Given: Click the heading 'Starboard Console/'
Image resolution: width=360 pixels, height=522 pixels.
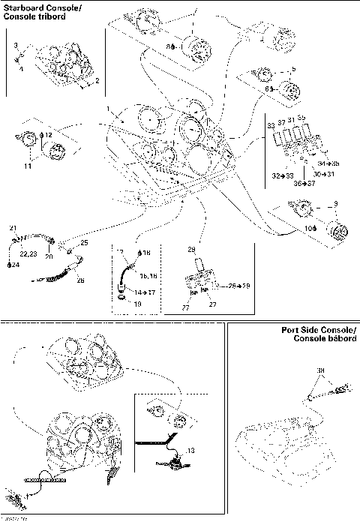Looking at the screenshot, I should click(34, 6).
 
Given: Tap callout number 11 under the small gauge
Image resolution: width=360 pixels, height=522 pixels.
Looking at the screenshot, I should click(27, 166).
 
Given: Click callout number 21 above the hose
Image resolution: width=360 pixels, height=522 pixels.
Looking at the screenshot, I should click(12, 228).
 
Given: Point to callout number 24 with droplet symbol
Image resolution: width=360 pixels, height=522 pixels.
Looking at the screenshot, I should click(13, 265).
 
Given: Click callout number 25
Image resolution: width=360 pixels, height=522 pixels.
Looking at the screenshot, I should click(84, 243).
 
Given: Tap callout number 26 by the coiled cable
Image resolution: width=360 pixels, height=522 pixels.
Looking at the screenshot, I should click(81, 280).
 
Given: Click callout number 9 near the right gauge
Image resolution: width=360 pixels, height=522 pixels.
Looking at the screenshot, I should click(336, 202).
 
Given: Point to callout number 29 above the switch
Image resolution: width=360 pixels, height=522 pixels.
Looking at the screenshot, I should click(191, 247).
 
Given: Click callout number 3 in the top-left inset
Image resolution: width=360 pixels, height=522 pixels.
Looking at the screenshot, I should click(16, 46).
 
